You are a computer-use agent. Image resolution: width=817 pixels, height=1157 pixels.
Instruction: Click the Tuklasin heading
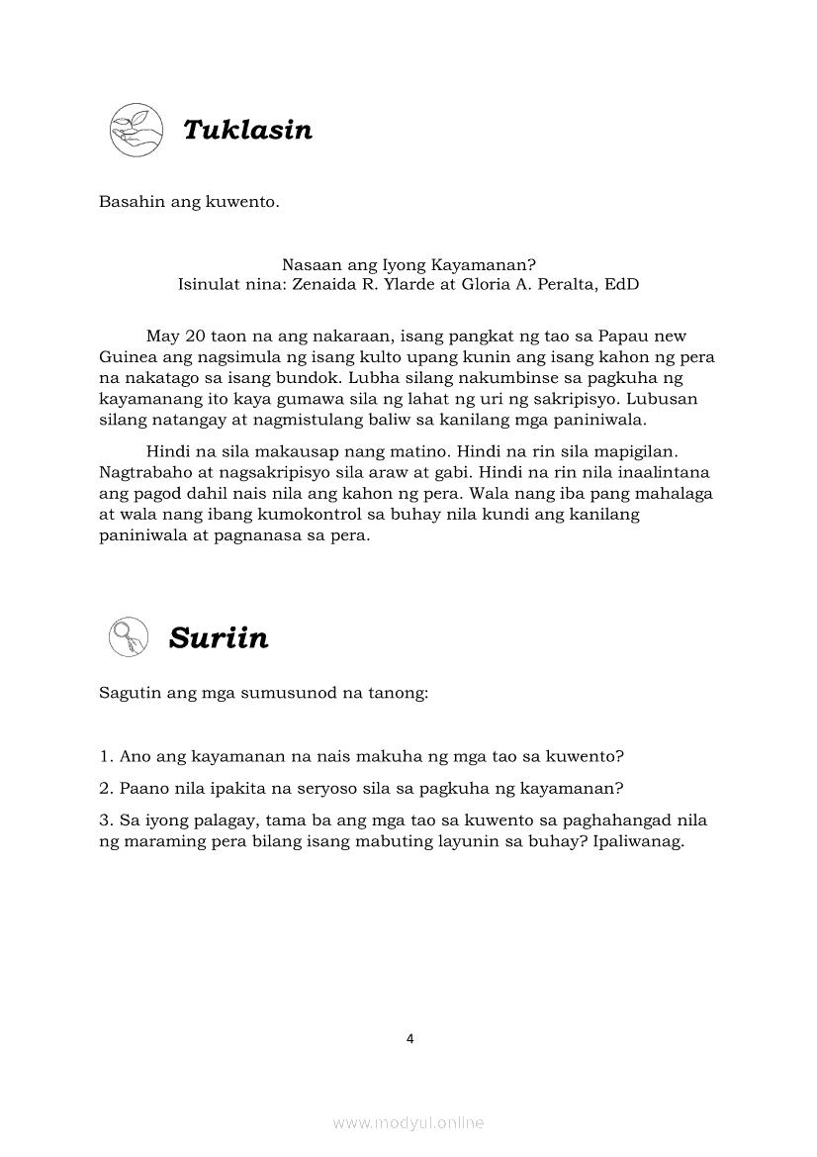point(247,130)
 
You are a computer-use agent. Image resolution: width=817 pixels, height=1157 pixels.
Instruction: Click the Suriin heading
point(218,637)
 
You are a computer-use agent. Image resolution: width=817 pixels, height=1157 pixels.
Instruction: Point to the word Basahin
point(130,203)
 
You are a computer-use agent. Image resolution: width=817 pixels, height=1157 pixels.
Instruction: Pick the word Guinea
point(129,357)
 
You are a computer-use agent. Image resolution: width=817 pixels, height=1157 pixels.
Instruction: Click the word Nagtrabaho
point(144,471)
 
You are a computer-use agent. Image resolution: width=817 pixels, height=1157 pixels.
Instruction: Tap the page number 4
point(409,1038)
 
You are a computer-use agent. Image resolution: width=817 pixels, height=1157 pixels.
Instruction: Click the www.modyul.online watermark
point(408,1123)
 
